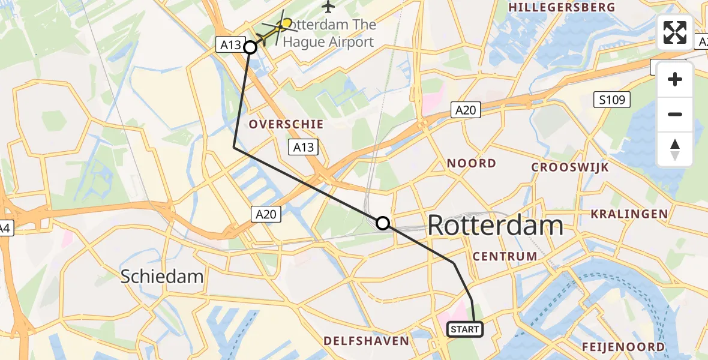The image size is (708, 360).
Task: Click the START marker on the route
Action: (464, 329)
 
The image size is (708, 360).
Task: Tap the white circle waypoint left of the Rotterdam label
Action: (382, 224)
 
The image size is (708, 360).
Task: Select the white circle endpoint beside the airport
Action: (250, 47)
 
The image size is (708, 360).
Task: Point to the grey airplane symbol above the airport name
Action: (328, 7)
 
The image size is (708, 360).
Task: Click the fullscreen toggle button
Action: (675, 32)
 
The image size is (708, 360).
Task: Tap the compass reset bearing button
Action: (675, 149)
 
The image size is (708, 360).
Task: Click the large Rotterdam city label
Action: (496, 226)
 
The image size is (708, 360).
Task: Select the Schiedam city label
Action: (162, 277)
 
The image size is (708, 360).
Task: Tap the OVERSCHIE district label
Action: (286, 124)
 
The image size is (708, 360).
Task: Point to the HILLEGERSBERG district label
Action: (562, 7)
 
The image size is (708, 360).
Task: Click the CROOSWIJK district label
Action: (570, 167)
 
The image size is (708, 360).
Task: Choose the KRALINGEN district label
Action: (629, 214)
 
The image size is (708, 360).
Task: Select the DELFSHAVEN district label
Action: (366, 341)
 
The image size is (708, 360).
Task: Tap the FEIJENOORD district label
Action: (623, 347)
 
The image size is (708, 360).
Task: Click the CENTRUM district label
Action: (505, 256)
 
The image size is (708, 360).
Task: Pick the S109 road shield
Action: (612, 100)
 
